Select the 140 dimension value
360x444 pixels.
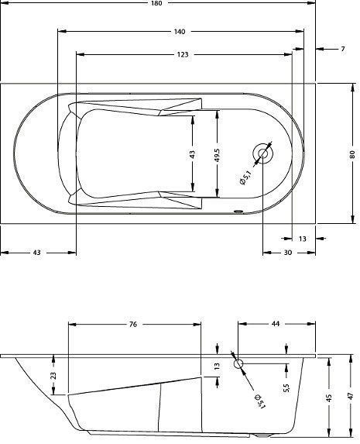(179, 32)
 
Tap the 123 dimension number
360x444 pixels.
(183, 55)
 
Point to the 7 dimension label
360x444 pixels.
(341, 50)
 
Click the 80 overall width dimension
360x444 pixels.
(351, 154)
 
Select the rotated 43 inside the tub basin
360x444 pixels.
(192, 154)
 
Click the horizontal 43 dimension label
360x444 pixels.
(37, 253)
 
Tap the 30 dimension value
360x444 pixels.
(287, 253)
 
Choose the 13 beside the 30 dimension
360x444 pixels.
(302, 238)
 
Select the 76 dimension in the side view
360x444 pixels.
(133, 324)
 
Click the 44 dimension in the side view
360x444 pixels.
(276, 324)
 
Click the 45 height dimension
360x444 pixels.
(328, 398)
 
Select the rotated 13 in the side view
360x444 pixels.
(218, 365)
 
